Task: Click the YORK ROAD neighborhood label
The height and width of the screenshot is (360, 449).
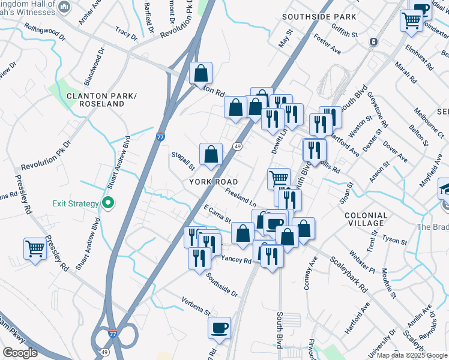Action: tap(214, 182)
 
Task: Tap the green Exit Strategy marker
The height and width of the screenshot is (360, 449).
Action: tap(108, 203)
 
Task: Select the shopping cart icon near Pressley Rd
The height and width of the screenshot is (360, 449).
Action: tap(35, 248)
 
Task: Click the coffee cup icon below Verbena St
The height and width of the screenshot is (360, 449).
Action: tap(219, 328)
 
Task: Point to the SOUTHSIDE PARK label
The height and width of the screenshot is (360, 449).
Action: tap(319, 17)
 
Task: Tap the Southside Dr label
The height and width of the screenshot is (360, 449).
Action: tap(222, 285)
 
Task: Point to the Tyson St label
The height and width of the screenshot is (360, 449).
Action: tap(394, 240)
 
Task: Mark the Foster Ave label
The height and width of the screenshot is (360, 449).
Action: tap(327, 45)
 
